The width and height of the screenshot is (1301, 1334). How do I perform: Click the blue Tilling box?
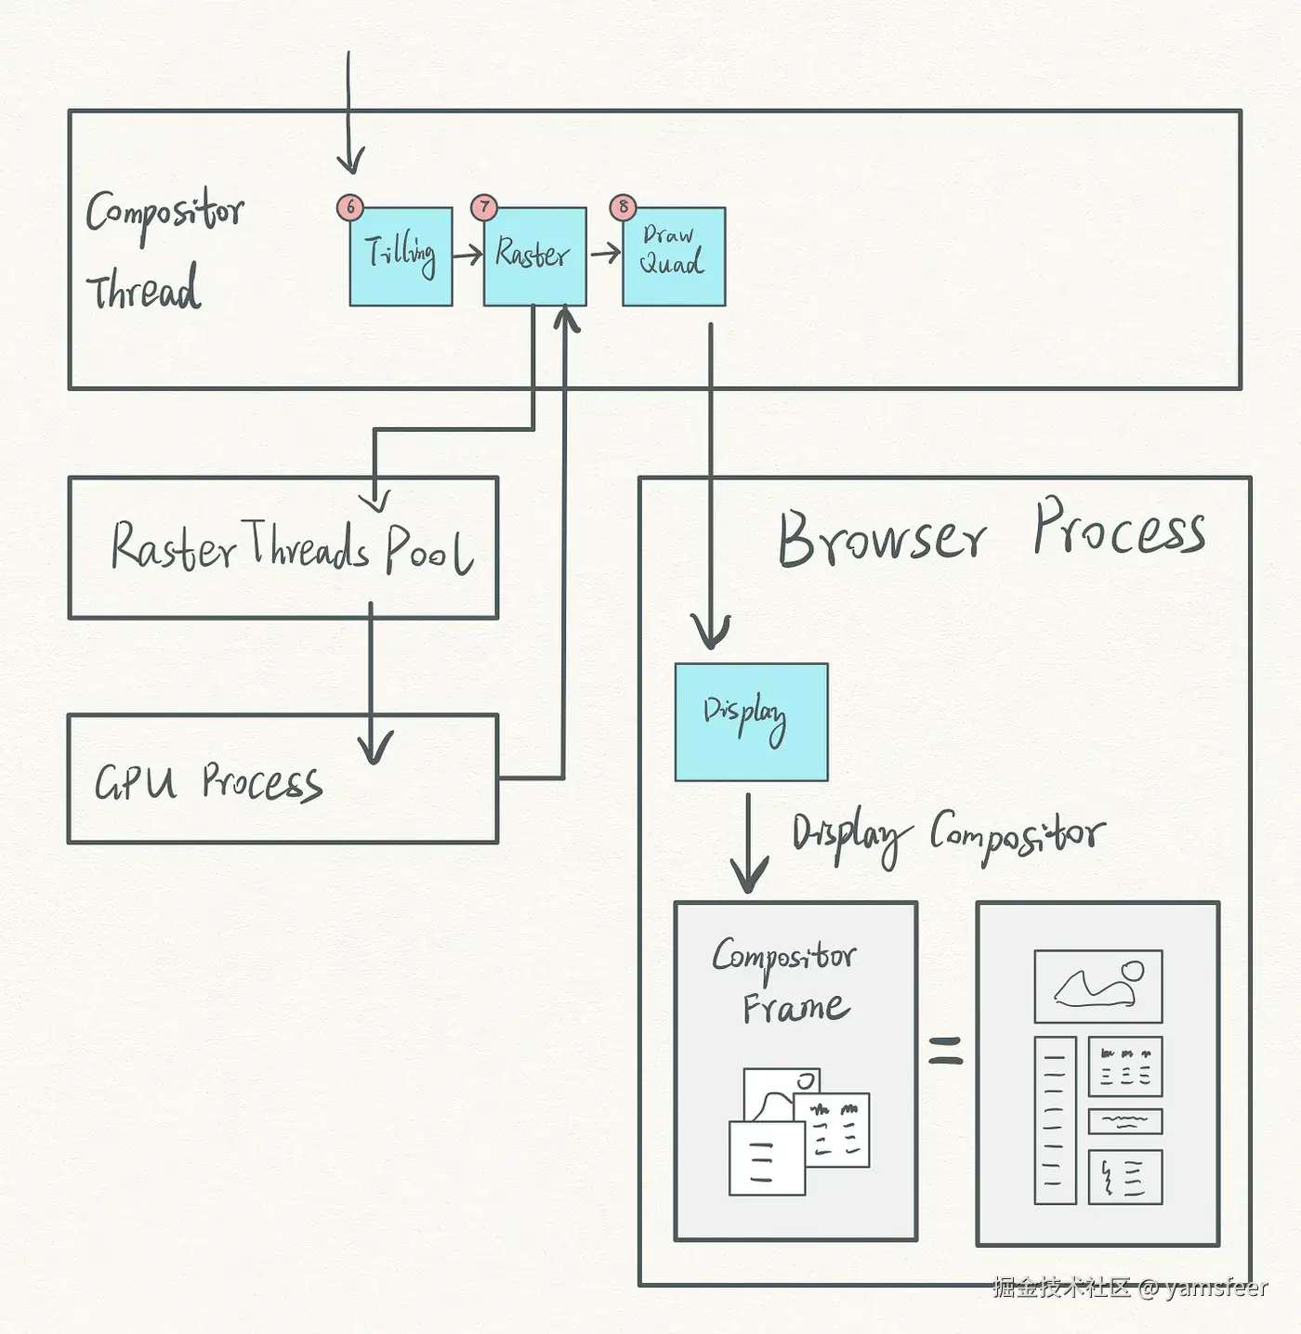point(401,256)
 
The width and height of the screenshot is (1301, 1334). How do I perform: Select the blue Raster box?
point(534,256)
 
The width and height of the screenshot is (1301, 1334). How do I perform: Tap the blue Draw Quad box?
point(674,256)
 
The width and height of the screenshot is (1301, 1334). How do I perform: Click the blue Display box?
point(751,722)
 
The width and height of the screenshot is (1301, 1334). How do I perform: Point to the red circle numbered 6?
point(350,207)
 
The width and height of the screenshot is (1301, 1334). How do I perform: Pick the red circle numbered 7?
point(484,207)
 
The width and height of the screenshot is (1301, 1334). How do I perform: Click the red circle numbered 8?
point(624,207)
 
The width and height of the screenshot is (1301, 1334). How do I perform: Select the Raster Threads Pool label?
point(291,547)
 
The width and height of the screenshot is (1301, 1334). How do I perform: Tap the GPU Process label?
point(208,782)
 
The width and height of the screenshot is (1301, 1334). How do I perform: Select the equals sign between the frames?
point(946,1051)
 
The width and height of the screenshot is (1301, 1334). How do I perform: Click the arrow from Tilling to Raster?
point(468,253)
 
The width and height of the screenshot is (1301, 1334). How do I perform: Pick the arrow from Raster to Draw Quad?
point(605,252)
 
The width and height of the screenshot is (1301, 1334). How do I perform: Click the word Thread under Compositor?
point(143,290)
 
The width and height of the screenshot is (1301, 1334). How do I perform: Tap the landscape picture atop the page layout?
point(1098,986)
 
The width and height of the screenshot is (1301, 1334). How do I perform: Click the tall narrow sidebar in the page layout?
point(1055,1120)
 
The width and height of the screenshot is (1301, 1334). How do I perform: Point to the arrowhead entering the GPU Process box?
point(374,749)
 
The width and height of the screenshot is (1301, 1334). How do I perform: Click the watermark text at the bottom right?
point(1129,1288)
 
